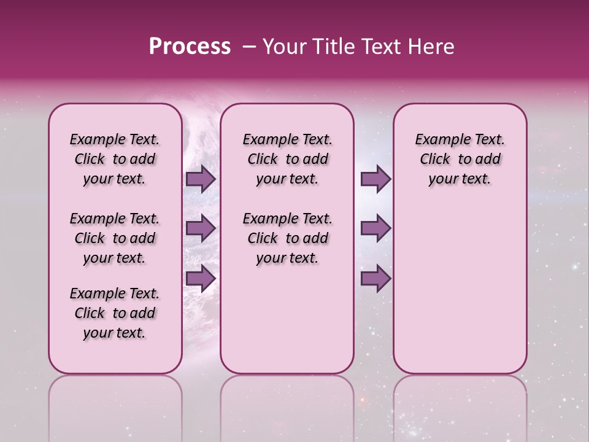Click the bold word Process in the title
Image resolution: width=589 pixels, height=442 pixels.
(190, 46)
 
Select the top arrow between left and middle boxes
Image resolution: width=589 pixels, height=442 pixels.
(201, 179)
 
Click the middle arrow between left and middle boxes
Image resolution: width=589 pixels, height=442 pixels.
(201, 228)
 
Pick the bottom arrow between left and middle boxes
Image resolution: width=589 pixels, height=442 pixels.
(201, 278)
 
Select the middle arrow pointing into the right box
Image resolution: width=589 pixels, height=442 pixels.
(376, 228)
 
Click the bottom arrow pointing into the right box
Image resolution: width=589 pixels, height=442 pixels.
(376, 278)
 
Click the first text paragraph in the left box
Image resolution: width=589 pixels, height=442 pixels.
(115, 159)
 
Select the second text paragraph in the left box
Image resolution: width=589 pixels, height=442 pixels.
(115, 238)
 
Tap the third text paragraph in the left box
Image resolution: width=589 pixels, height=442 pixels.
(115, 313)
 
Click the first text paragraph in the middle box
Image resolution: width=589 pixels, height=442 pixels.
(287, 159)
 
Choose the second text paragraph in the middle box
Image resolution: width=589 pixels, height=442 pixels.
(287, 238)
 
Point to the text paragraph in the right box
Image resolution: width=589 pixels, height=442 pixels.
(460, 159)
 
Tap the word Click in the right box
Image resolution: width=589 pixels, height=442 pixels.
(435, 160)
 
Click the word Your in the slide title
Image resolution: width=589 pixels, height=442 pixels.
(283, 47)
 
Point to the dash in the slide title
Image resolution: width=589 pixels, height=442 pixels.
(249, 47)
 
